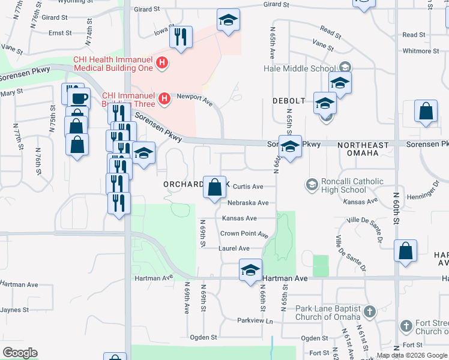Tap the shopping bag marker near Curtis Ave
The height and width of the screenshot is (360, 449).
pyautogui.click(x=214, y=188)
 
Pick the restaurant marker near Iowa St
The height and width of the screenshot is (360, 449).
pyautogui.click(x=181, y=38)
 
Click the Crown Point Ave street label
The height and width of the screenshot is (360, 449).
pyautogui.click(x=244, y=233)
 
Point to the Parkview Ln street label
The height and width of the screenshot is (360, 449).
pyautogui.click(x=255, y=321)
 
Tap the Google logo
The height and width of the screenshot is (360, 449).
pyautogui.click(x=20, y=353)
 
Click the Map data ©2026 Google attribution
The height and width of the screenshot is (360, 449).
pyautogui.click(x=412, y=355)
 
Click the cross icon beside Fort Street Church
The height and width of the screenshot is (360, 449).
pyautogui.click(x=406, y=326)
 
